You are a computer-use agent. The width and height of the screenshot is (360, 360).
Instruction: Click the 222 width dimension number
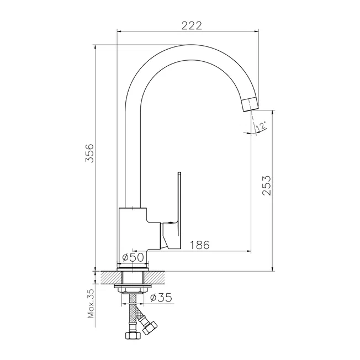click(192, 25)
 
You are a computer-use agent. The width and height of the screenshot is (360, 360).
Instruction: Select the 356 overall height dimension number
click(89, 153)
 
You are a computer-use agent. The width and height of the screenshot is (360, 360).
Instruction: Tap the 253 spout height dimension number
click(267, 186)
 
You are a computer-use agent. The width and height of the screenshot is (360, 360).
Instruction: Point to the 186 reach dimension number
click(200, 245)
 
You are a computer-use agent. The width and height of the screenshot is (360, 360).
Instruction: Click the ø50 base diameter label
click(133, 257)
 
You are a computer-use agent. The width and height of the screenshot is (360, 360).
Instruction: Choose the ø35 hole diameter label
click(161, 298)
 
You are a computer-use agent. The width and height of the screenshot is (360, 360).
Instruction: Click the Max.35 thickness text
click(91, 304)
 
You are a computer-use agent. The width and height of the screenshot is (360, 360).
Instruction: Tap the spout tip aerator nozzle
click(251, 104)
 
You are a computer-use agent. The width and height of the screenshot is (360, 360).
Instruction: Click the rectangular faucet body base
click(133, 237)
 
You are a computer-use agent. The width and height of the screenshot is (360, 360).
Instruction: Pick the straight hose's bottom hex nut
click(133, 335)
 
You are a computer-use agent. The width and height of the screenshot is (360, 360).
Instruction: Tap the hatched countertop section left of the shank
click(111, 277)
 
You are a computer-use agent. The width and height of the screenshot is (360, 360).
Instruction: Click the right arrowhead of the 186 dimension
click(249, 251)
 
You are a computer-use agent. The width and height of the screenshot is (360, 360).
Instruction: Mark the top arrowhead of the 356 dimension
click(96, 47)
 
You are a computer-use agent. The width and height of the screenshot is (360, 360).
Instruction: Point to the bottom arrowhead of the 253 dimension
click(273, 269)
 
